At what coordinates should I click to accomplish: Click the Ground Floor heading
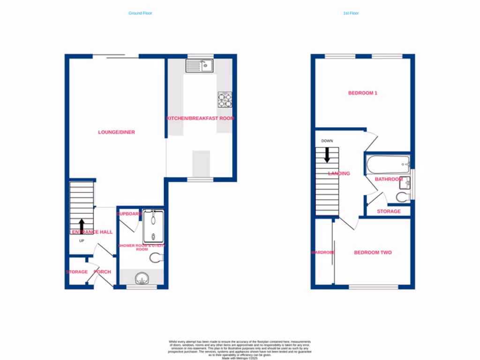[x=140, y=13]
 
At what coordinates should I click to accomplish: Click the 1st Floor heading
[x=351, y=13]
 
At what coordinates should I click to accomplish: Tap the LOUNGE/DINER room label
[x=116, y=132]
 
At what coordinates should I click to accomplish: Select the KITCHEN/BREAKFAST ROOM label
[x=200, y=119]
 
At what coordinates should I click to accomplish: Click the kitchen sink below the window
[x=200, y=66]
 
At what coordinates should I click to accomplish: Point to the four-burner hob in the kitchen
[x=225, y=99]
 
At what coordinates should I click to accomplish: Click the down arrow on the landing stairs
[x=327, y=155]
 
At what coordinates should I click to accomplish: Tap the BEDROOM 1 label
[x=362, y=93]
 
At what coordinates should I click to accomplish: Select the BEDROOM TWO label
[x=373, y=253]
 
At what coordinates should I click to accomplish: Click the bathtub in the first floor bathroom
[x=388, y=165]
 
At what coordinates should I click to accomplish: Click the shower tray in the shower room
[x=153, y=227]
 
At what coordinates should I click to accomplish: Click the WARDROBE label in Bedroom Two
[x=323, y=253]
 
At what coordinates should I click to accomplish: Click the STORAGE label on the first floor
[x=389, y=211]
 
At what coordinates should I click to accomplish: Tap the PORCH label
[x=102, y=272]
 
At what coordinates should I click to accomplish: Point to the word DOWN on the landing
[x=327, y=141]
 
